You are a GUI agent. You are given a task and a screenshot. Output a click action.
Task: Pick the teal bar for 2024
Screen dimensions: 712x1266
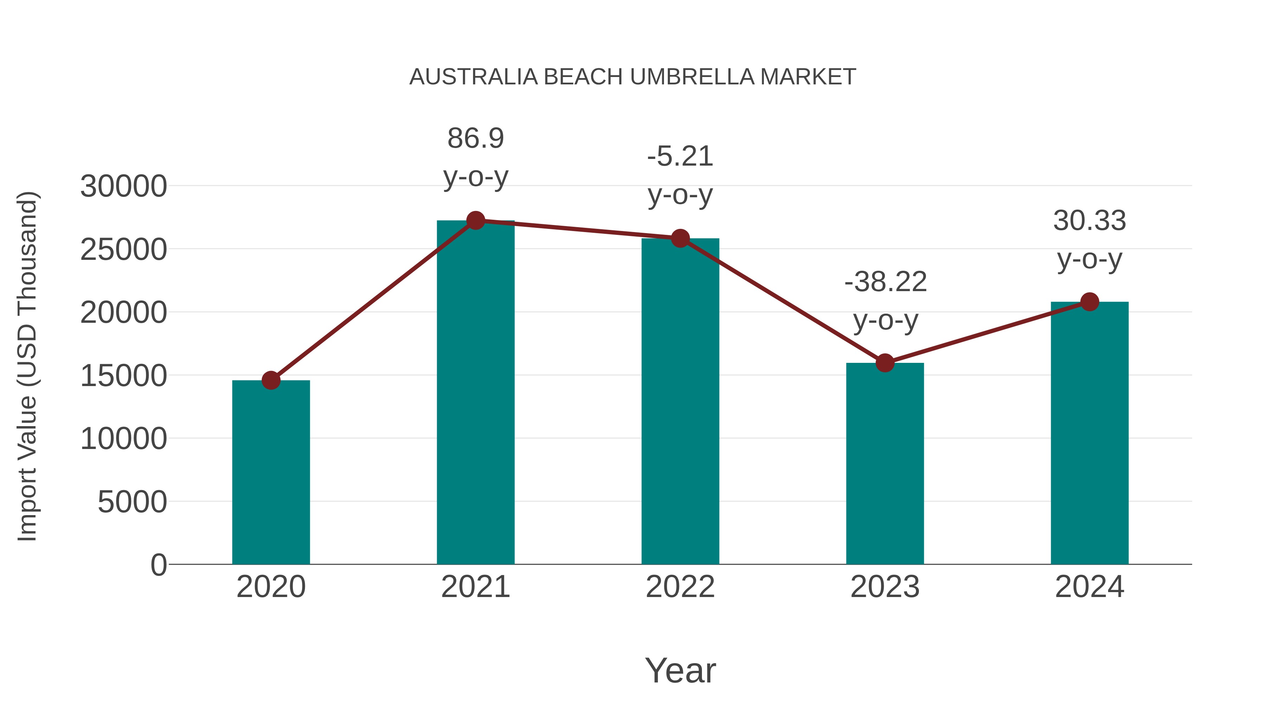[x=1089, y=432]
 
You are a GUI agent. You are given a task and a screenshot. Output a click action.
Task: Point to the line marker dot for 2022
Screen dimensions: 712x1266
[x=680, y=238]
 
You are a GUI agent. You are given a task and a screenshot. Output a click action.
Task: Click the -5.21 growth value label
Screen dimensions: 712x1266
[x=680, y=157]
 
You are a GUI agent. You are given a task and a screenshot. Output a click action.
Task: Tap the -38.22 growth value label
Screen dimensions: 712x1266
[x=885, y=282]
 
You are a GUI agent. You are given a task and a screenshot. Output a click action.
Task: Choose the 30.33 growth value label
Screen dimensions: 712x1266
[x=1089, y=220]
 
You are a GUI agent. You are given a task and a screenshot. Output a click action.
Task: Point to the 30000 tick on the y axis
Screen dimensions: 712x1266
[x=123, y=187]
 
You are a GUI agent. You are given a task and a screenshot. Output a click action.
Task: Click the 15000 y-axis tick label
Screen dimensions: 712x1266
[x=123, y=376]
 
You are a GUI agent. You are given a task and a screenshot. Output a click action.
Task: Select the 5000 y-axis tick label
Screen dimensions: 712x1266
[x=132, y=502]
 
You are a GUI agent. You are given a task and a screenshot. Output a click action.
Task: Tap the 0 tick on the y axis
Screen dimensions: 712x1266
[x=159, y=565]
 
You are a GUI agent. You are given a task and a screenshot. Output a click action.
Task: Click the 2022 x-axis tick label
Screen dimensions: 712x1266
[x=680, y=587]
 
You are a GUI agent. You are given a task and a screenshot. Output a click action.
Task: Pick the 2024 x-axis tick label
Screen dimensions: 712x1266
[x=1089, y=587]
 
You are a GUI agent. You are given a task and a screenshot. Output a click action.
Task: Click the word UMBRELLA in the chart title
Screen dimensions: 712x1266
[x=692, y=77]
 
